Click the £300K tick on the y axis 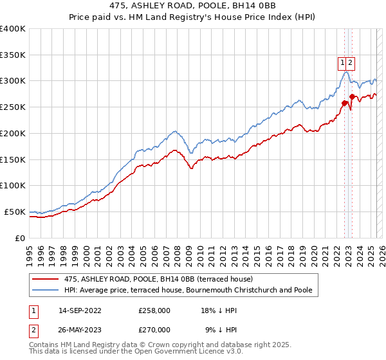point(12,81)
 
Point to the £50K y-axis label point(14,212)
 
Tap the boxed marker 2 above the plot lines point(351,63)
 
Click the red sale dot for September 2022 point(344,103)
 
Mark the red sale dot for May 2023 point(352,96)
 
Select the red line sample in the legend point(45,279)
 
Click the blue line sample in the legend point(45,290)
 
